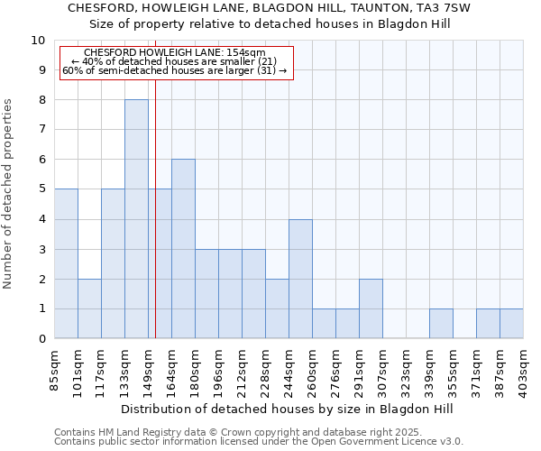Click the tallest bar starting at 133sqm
136,219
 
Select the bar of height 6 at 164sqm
183,249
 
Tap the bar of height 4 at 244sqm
300,279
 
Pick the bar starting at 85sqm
66,263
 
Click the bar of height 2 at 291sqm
371,308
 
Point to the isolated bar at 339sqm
441,324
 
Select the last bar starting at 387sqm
511,324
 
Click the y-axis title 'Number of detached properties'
9,194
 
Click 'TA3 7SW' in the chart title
448,7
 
